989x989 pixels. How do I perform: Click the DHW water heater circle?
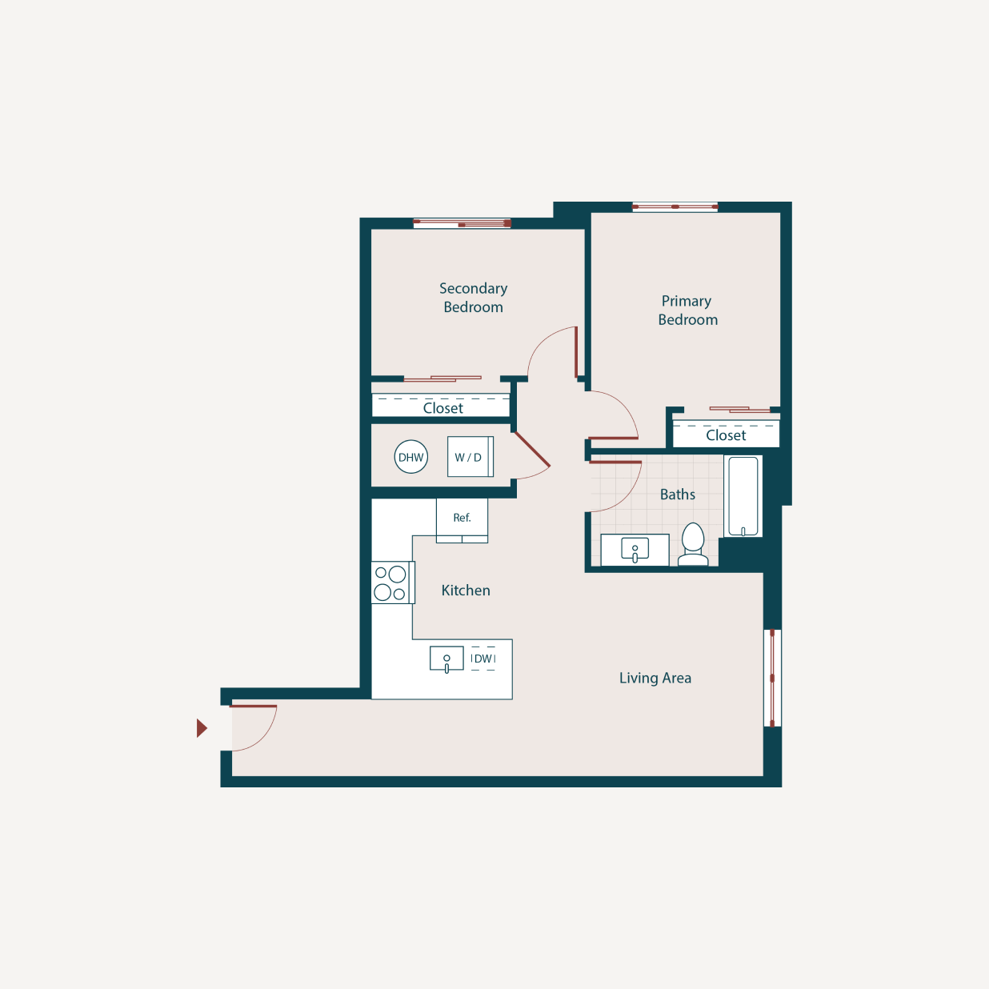411,457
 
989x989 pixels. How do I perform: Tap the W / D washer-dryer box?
470,457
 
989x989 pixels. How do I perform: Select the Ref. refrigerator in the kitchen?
462,519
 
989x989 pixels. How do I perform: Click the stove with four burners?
392,583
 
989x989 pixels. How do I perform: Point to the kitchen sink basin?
446,659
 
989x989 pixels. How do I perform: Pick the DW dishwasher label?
483,659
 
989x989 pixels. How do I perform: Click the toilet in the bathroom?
693,544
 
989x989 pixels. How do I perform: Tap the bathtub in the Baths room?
743,496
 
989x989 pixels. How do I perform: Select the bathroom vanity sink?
635,550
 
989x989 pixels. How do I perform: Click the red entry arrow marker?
202,728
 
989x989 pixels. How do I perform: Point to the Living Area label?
655,678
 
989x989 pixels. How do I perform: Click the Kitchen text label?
466,591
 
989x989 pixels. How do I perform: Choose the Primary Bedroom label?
687,310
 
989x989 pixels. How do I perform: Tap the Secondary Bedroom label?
473,298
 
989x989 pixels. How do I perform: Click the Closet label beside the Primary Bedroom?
726,435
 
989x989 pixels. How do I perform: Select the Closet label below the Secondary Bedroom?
442,408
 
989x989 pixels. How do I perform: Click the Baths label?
678,494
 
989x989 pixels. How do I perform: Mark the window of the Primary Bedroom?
675,206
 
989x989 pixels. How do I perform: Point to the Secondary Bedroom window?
462,223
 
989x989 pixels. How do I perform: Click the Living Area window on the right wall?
772,678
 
